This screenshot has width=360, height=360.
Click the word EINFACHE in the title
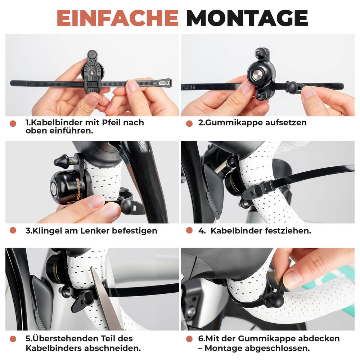(x=117, y=18)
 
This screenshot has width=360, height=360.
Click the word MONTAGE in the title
(x=247, y=18)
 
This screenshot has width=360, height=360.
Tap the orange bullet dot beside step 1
(x=13, y=123)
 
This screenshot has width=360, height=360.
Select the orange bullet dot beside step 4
(x=189, y=231)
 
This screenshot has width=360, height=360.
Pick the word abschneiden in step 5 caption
(x=114, y=348)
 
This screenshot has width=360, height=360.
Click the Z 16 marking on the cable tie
(x=191, y=87)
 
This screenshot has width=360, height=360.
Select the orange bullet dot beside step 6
(x=189, y=339)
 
